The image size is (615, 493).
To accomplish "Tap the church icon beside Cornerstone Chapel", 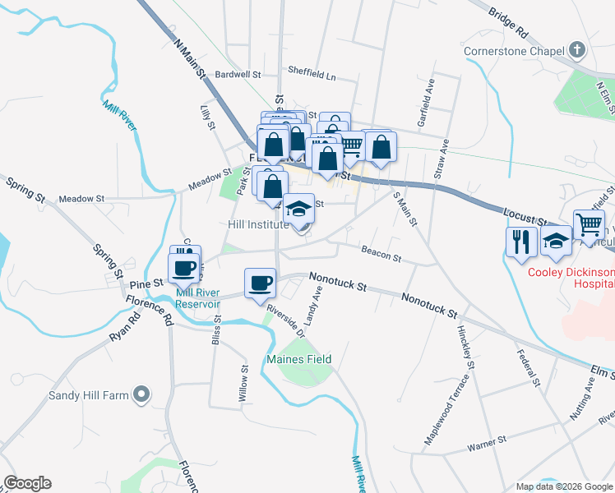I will pos(577,51).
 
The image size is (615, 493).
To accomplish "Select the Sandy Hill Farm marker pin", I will pos(141,395).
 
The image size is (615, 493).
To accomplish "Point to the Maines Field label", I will pos(298,359).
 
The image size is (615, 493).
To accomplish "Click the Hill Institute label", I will pos(258,223).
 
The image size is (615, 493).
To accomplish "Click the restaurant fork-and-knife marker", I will pos(521,241).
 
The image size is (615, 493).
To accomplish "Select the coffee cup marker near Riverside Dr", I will pos(261,283).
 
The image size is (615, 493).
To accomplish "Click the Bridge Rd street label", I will pos(508,24).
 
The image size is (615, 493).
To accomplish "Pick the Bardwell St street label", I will pos(238,74).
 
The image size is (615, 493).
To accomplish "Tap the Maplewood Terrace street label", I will pos(446,409).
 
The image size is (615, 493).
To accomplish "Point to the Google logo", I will pos(27,483).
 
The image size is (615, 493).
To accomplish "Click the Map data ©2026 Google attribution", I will pos(564,486).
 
